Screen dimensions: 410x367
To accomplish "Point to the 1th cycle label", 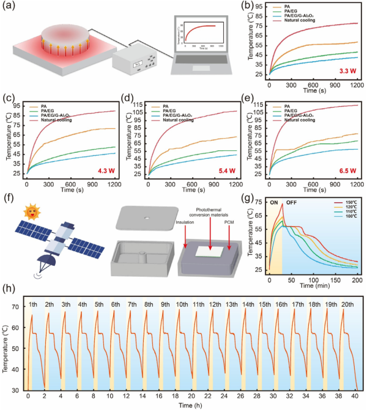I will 32,304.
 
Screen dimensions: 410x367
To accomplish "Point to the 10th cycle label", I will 182,304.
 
